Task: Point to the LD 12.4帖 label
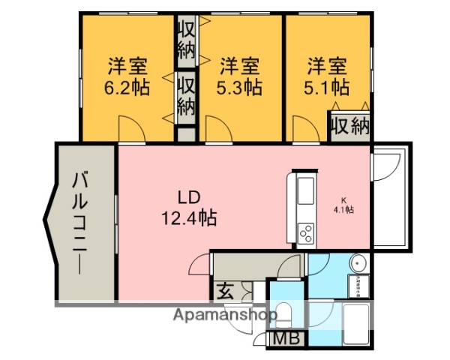point(187,208)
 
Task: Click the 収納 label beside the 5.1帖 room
point(350,125)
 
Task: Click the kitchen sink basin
point(307,193)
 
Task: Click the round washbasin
point(358,264)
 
